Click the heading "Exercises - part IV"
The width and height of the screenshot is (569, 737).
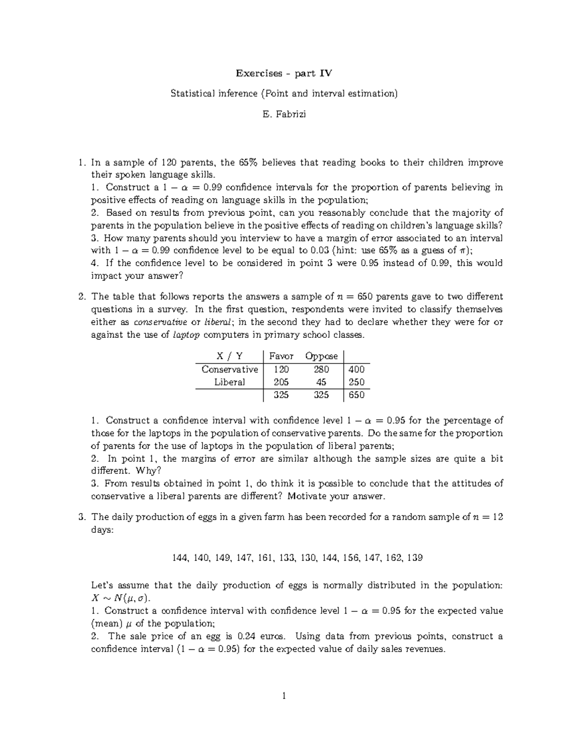click(x=284, y=73)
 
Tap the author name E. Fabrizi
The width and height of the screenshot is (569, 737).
click(x=284, y=114)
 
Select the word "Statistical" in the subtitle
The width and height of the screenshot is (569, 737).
click(x=192, y=93)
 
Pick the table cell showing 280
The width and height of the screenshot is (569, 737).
click(x=321, y=369)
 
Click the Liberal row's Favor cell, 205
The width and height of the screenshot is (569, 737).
click(x=281, y=382)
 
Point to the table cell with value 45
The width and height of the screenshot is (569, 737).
click(x=321, y=382)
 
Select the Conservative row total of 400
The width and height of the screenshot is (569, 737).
click(x=356, y=369)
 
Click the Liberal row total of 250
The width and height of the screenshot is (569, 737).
click(x=356, y=382)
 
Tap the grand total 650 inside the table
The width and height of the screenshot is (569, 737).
click(x=356, y=395)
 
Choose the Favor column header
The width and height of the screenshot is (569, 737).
click(x=281, y=356)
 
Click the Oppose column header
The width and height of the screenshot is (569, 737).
click(x=321, y=356)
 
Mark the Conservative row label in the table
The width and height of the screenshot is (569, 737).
click(x=229, y=369)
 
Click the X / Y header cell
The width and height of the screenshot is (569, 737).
click(x=229, y=356)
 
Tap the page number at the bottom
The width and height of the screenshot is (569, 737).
click(x=284, y=697)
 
